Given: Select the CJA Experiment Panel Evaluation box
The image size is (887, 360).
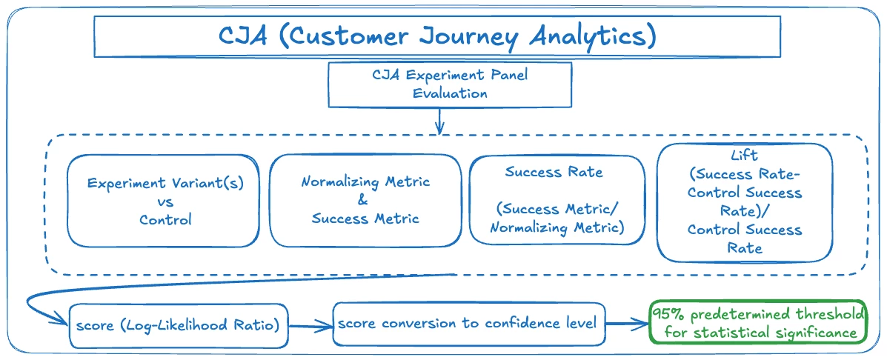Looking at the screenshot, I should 450,84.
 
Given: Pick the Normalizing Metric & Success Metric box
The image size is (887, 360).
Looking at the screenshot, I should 365,200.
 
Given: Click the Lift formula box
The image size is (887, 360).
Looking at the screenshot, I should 744,202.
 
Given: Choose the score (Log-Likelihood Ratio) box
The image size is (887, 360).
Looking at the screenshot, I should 178,325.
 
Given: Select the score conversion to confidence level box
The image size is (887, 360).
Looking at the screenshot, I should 468,324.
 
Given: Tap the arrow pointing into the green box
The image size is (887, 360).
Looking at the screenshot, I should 627,324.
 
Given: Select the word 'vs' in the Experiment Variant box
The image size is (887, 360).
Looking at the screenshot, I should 165,201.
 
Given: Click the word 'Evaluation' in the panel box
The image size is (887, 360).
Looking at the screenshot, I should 450,94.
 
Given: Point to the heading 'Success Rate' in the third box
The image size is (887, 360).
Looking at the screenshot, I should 554,173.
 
